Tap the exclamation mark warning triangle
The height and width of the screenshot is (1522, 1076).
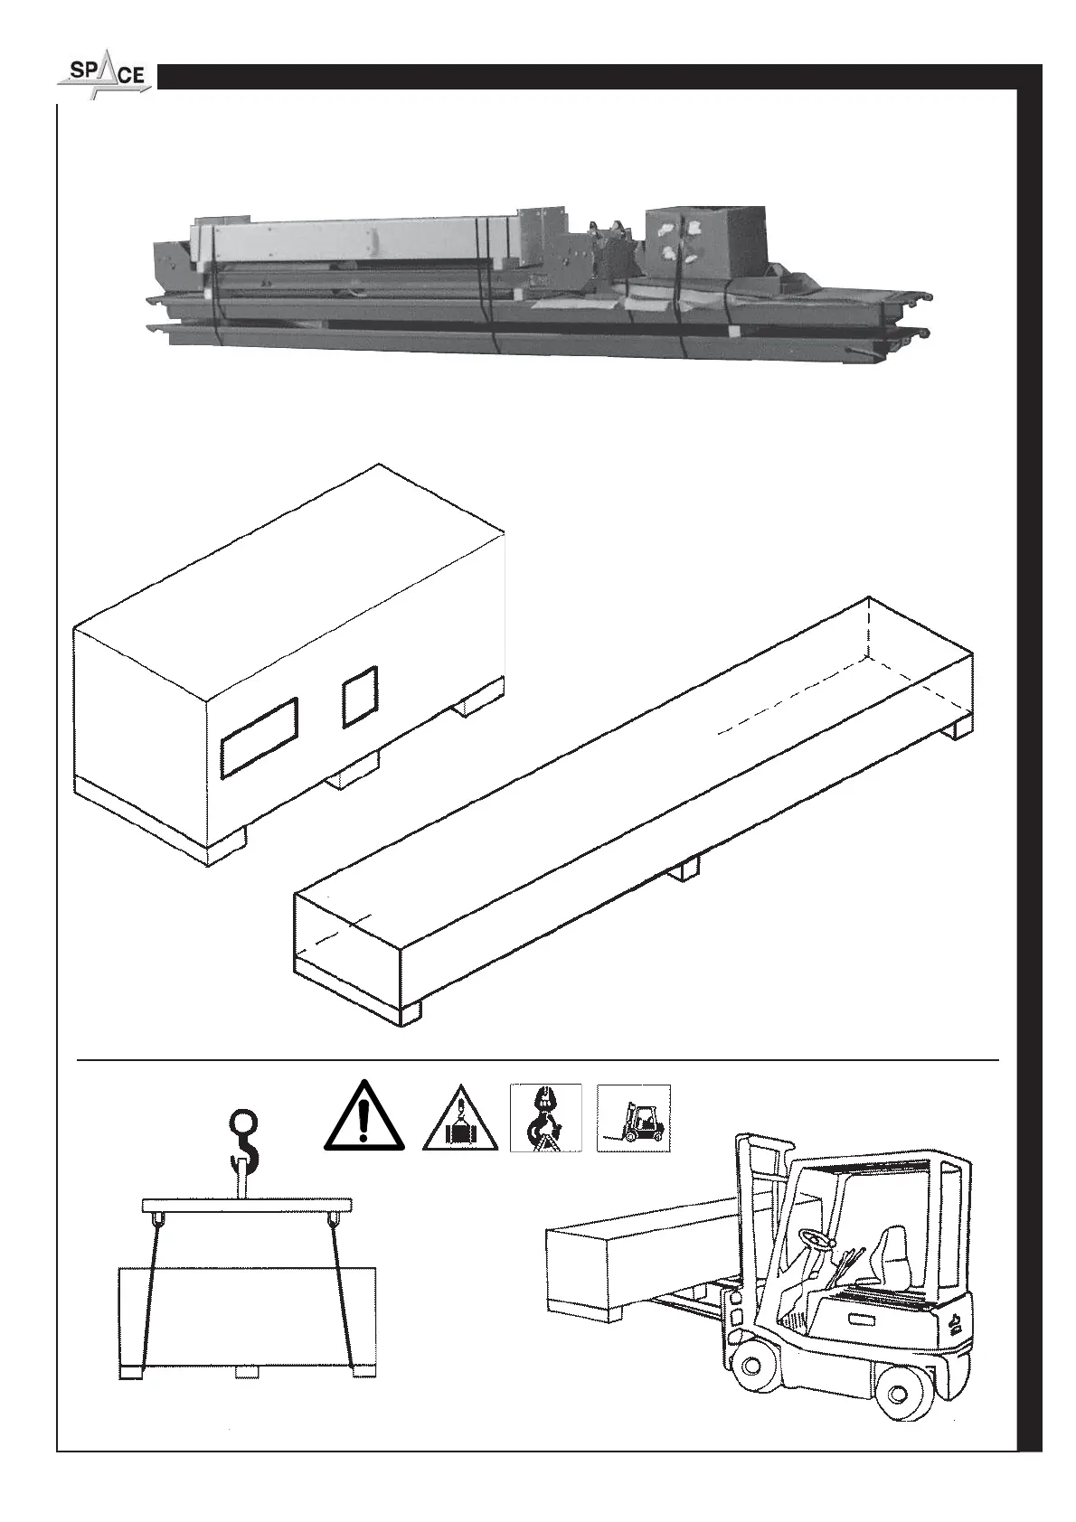[x=363, y=1118]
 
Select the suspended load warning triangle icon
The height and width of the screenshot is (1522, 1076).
[x=460, y=1121]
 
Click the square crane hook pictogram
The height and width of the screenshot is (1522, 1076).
[x=545, y=1117]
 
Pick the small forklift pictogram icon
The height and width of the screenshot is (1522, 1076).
[x=633, y=1117]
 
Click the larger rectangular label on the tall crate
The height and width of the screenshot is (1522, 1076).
[x=259, y=737]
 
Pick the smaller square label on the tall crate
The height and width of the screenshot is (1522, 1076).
[x=359, y=696]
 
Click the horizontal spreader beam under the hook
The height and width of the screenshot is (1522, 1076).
[x=246, y=1205]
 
